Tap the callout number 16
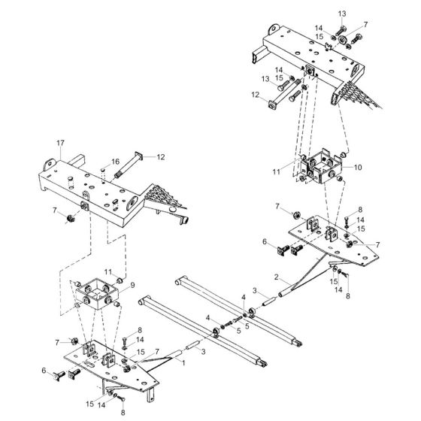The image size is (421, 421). (116, 161)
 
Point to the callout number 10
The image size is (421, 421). (358, 166)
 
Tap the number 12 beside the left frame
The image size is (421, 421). (160, 156)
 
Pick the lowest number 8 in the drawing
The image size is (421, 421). (123, 413)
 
